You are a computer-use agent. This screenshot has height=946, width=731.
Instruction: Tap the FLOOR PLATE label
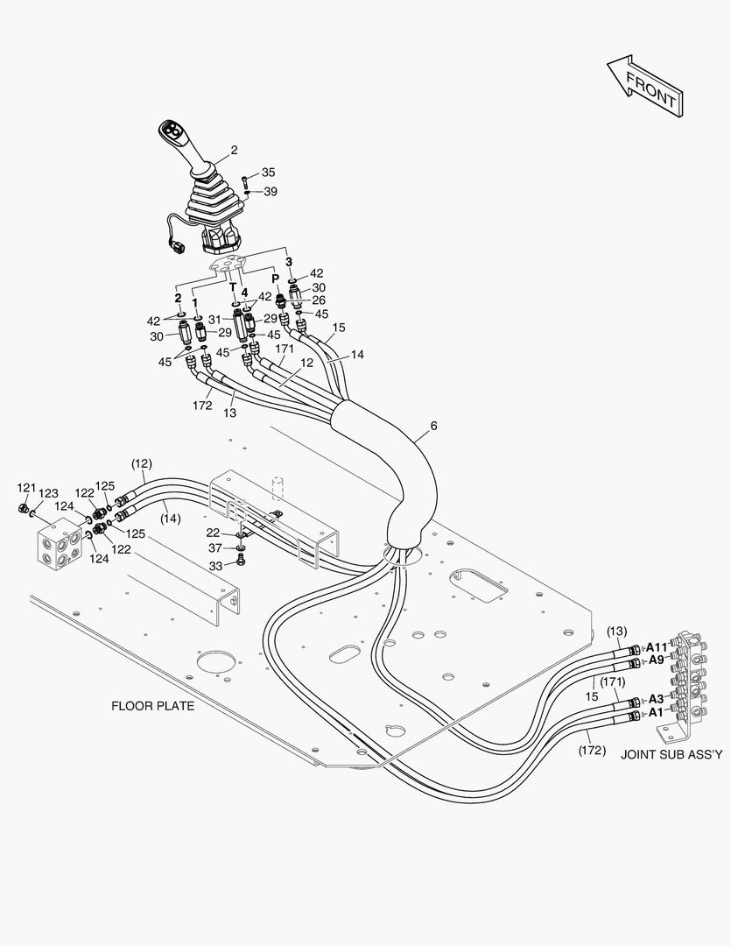pos(152,704)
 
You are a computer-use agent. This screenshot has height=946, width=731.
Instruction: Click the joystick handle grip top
pos(172,132)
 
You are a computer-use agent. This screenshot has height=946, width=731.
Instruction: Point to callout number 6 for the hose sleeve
pos(433,427)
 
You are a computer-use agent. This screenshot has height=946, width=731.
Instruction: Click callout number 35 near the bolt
pos(268,173)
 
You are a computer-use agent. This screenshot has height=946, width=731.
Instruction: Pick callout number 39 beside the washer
pos(271,191)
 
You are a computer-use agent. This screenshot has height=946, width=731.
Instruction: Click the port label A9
pos(656,660)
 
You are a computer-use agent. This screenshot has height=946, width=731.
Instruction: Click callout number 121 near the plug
pos(27,487)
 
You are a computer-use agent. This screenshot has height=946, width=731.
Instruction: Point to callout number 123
pos(48,493)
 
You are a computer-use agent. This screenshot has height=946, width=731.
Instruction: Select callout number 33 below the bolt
pos(214,566)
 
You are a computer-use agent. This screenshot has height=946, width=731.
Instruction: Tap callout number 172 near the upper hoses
pos(202,406)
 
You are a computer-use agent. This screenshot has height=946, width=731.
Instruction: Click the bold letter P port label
pos(276,278)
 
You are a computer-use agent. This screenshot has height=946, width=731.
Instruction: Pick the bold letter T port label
pos(233,286)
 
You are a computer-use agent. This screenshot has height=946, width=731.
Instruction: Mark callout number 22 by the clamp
pos(214,533)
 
